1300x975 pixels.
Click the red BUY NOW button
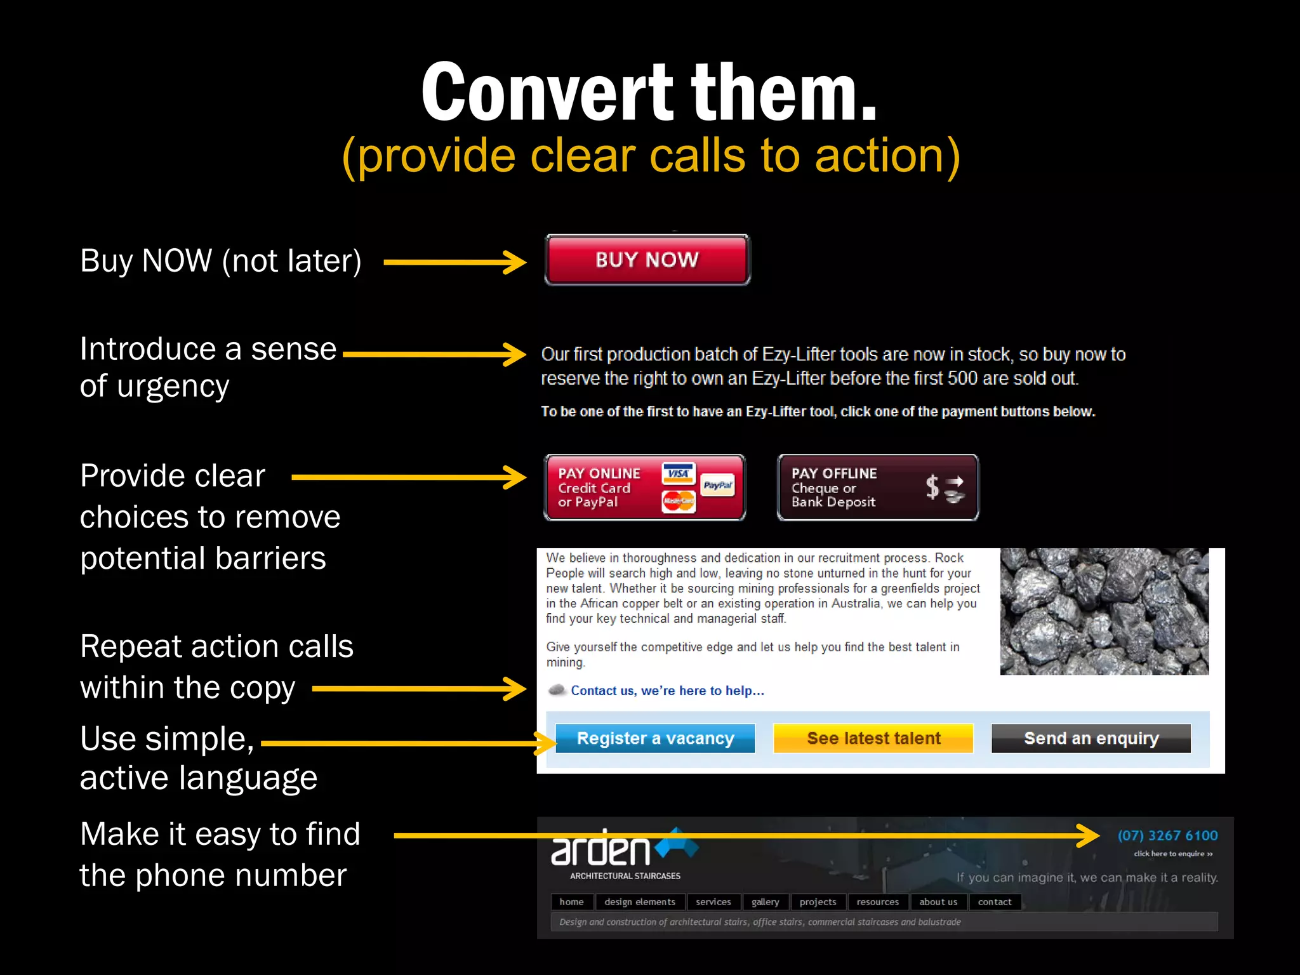tap(647, 260)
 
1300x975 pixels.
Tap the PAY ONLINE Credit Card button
tap(644, 487)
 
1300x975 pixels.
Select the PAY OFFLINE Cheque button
tap(877, 487)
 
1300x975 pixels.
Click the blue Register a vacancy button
tap(655, 738)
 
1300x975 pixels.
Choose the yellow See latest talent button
tap(873, 738)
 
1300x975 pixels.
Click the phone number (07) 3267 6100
tap(1167, 835)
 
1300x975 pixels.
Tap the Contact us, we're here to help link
tap(667, 691)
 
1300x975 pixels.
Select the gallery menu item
tap(765, 902)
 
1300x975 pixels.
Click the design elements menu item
tap(639, 902)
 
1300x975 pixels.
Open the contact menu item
tap(994, 902)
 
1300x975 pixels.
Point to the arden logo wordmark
tap(600, 851)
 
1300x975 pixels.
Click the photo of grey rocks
tap(1104, 611)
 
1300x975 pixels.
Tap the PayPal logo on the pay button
tap(718, 486)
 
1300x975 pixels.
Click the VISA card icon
tap(678, 474)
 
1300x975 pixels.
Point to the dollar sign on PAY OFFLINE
tap(932, 487)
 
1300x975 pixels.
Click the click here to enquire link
tap(1173, 854)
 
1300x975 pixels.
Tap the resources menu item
tap(877, 902)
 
